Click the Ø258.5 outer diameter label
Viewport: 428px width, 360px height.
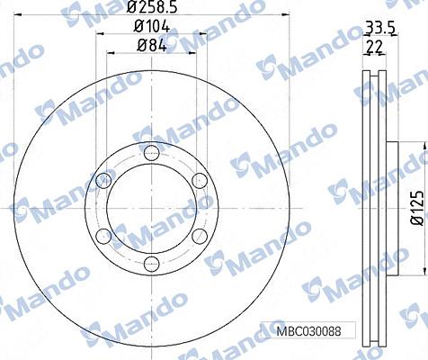[x=151, y=9]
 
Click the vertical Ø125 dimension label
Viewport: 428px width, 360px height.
[x=417, y=206]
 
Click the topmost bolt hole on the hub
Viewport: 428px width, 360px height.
[x=151, y=150]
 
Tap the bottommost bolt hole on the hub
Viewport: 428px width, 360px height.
[x=151, y=263]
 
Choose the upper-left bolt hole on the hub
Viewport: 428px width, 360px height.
[x=103, y=179]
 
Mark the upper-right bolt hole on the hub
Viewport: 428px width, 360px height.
[x=200, y=179]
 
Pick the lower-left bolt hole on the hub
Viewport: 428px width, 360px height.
[x=103, y=235]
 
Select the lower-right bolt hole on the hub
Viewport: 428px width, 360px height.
[x=200, y=235]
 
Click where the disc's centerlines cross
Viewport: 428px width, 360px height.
[x=151, y=207]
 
